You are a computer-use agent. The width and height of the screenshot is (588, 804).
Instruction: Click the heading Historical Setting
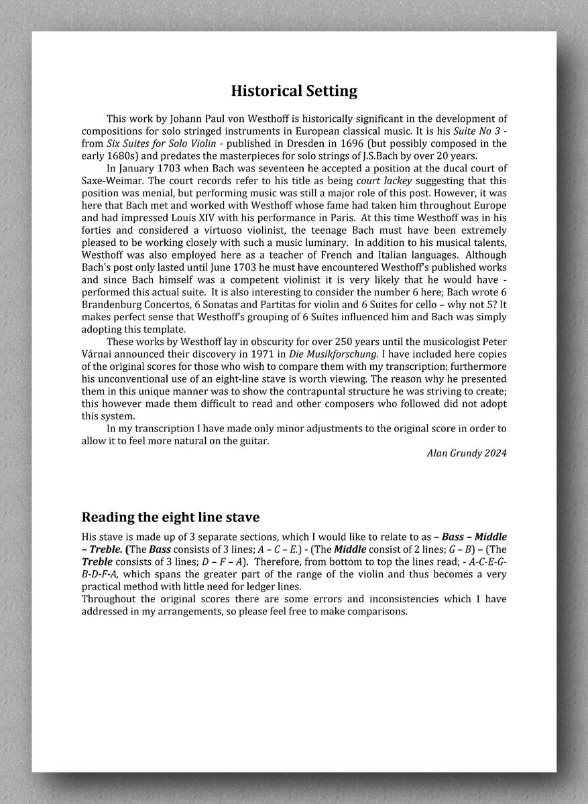[x=294, y=90]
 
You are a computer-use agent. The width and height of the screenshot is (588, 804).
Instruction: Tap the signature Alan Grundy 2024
[x=467, y=453]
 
